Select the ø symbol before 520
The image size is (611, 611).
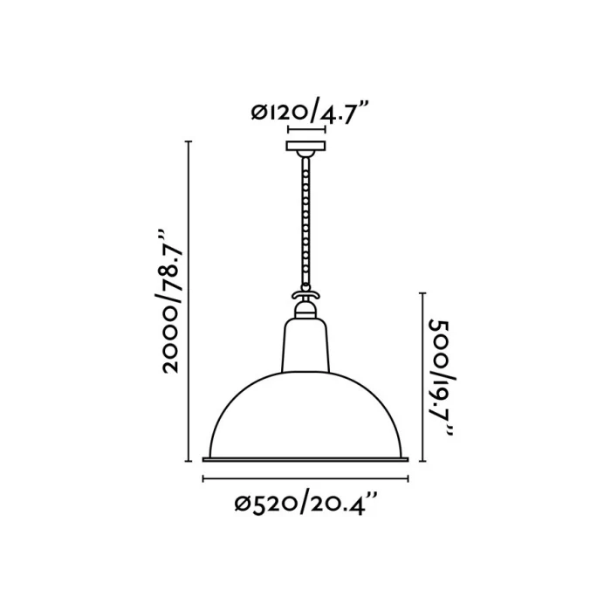click(x=244, y=504)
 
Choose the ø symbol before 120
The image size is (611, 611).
click(x=257, y=112)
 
